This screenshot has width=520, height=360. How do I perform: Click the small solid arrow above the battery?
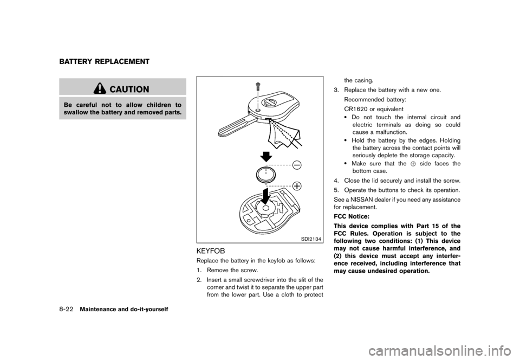(265, 156)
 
